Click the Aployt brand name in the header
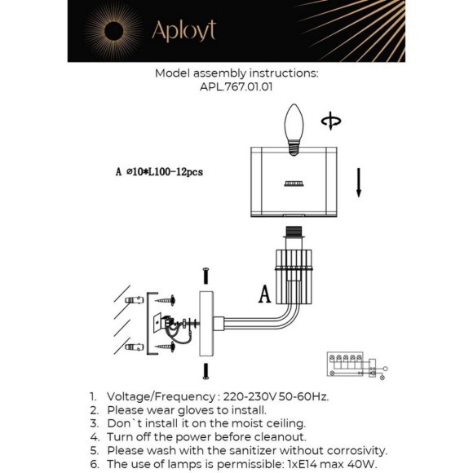pos(184,31)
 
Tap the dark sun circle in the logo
pos(113,31)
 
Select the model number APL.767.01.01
pos(236,87)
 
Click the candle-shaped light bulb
pos(294,130)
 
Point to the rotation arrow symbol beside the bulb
pos(331,121)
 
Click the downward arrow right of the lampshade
pos(359,183)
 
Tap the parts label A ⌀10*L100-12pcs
pos(159,172)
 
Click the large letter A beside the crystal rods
pos(264,294)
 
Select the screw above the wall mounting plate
pos(206,276)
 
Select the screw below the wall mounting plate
pos(206,371)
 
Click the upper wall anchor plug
pos(135,300)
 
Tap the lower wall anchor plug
pos(135,347)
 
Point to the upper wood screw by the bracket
pos(166,300)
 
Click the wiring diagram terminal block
pos(345,364)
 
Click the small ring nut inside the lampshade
pos(294,183)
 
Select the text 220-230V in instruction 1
pos(250,396)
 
